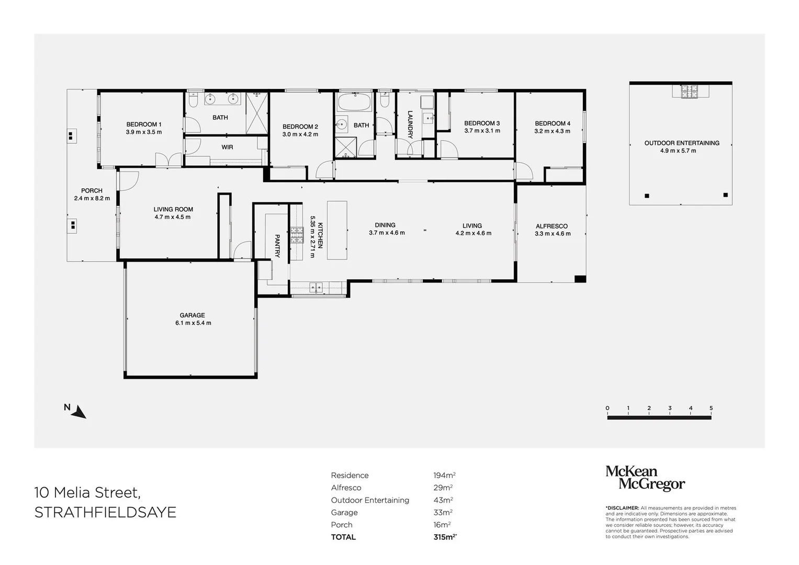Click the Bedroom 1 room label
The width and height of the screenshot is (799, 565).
pos(143,125)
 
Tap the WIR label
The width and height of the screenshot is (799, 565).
pos(227,148)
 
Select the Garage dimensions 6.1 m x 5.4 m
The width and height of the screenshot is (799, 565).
pos(193,323)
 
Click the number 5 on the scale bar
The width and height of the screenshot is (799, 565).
pos(711,408)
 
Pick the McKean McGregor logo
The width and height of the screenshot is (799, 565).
pos(645,478)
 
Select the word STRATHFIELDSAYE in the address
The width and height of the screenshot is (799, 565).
pos(105,512)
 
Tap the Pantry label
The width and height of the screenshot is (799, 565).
pos(277,246)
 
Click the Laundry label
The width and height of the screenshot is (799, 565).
pos(410,125)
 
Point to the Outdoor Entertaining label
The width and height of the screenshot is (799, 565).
pos(681,143)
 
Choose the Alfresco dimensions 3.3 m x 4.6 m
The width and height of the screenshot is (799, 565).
pos(552,234)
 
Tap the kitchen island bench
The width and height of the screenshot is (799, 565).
pos(337,230)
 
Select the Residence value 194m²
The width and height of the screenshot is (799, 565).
pos(444,476)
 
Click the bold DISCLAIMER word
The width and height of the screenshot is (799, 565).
pos(622,508)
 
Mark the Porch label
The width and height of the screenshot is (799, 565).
pos(92,191)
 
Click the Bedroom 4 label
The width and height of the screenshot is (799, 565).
pos(552,124)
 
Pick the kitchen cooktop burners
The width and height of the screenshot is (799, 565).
pos(297,235)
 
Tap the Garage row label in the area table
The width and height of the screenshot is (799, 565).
pos(344,513)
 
